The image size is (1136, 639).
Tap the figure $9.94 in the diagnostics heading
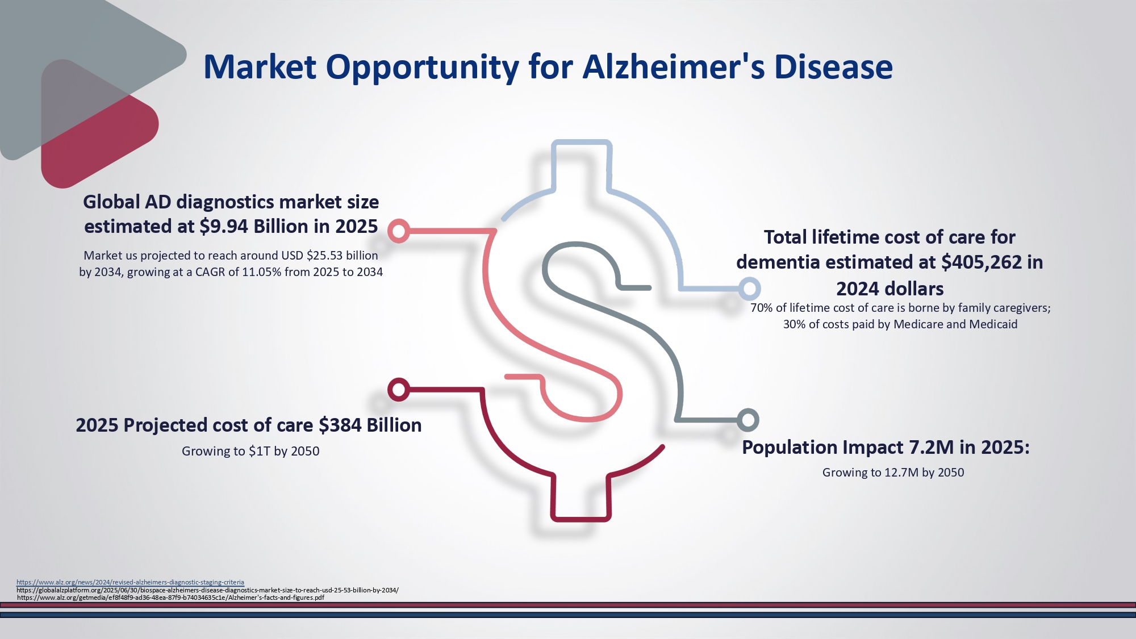[224, 227]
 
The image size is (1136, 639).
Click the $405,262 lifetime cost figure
[982, 262]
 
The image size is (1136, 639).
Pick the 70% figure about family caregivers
[762, 308]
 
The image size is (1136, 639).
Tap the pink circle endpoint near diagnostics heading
[399, 231]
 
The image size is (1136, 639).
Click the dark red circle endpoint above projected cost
[399, 390]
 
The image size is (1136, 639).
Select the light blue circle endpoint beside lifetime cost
[749, 289]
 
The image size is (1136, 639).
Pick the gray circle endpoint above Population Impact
[748, 420]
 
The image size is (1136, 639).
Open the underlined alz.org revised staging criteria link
[130, 582]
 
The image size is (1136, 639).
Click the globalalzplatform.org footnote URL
[207, 590]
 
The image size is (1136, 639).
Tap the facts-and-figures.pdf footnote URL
[170, 598]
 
